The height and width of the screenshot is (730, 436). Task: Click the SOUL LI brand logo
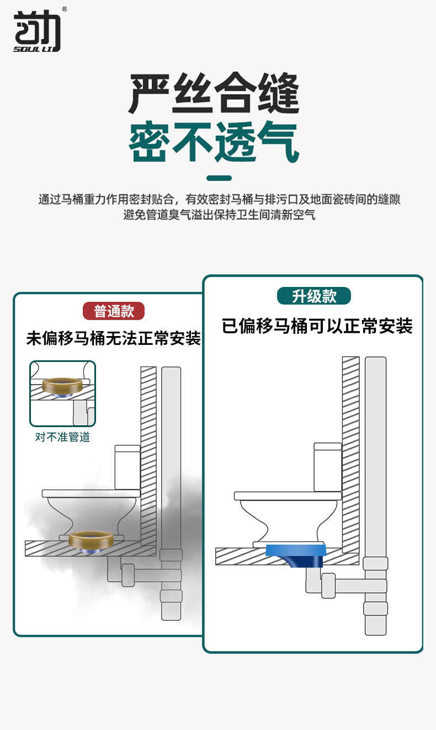pos(37,30)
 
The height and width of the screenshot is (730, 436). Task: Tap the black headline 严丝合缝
pos(214,93)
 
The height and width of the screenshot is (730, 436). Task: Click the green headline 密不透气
pos(214,142)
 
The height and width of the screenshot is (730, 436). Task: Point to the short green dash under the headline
pos(219,178)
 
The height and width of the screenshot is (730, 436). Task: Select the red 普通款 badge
pos(114,311)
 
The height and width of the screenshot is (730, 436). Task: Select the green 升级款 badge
pos(314,296)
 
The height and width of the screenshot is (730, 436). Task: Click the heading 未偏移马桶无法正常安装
pos(113,338)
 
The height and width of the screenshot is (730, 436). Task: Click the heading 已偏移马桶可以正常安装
pos(317,326)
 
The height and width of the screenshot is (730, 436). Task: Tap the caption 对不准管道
pos(62,437)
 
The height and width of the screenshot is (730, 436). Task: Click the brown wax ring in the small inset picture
pos(62,386)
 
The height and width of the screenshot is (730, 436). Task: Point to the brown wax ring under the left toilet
pos(91,539)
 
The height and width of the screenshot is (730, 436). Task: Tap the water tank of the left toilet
pos(127,467)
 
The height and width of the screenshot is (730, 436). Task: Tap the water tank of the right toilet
pos(327,467)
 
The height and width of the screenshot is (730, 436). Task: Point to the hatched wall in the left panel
pos(148,456)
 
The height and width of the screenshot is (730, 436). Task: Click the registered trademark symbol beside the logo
pos(64,9)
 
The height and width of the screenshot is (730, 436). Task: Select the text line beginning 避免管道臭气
pos(219,215)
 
